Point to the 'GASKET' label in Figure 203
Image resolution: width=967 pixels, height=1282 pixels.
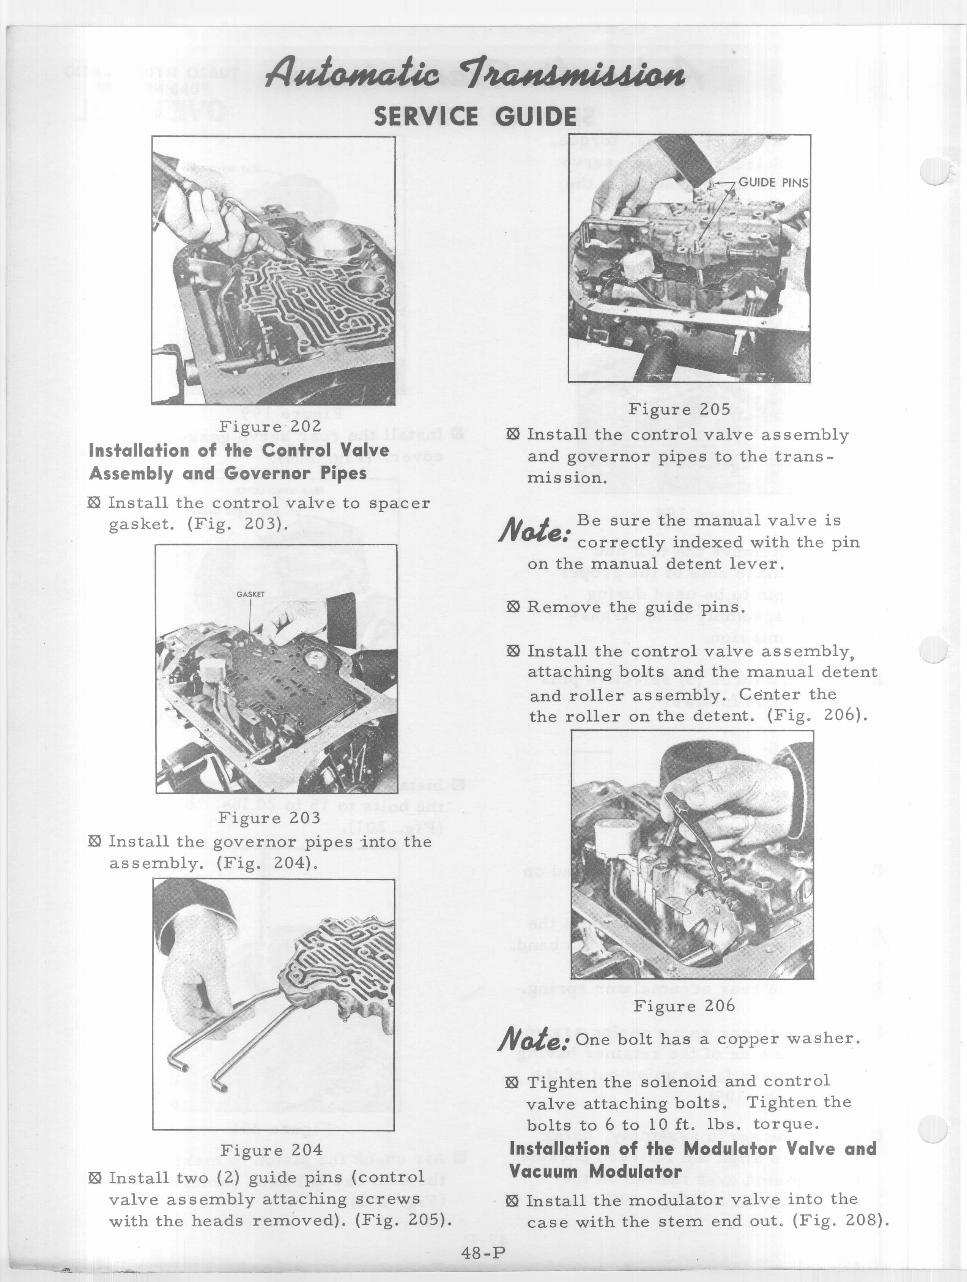250,594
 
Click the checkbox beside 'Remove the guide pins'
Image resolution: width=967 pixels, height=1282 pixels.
512,607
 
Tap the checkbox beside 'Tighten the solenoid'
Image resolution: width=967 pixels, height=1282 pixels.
512,1082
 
